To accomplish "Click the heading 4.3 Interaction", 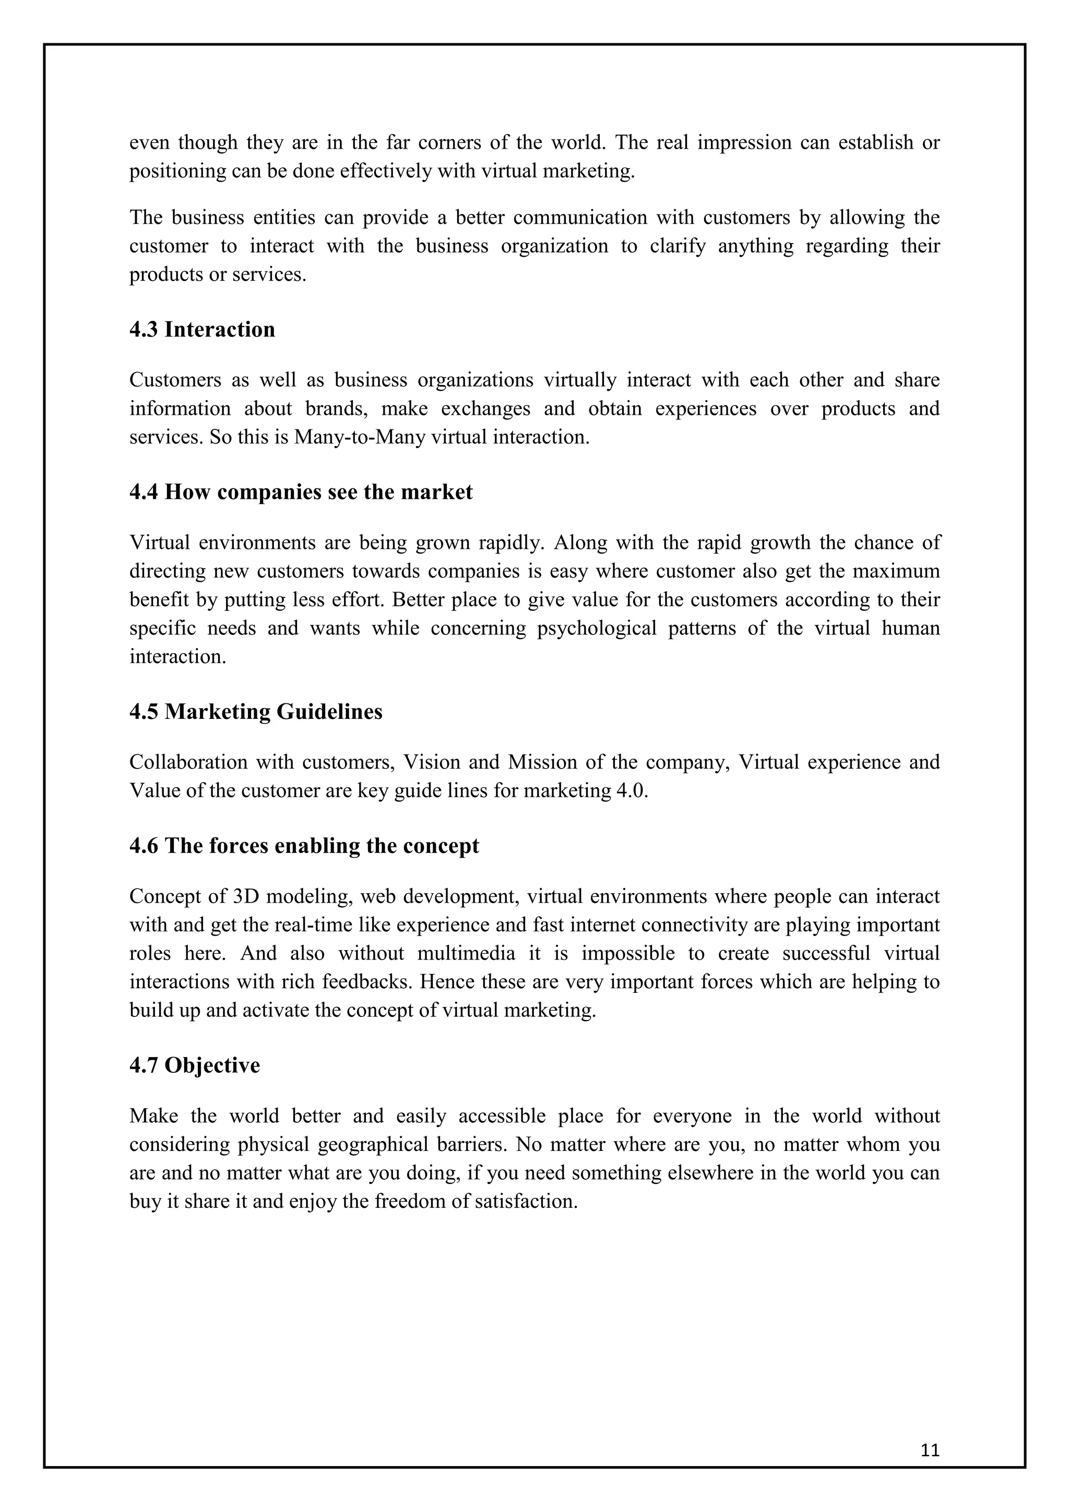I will (x=201, y=329).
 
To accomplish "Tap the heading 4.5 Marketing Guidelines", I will (x=256, y=711).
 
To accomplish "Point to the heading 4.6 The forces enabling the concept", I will (x=304, y=846).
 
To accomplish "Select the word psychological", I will (x=597, y=628).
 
